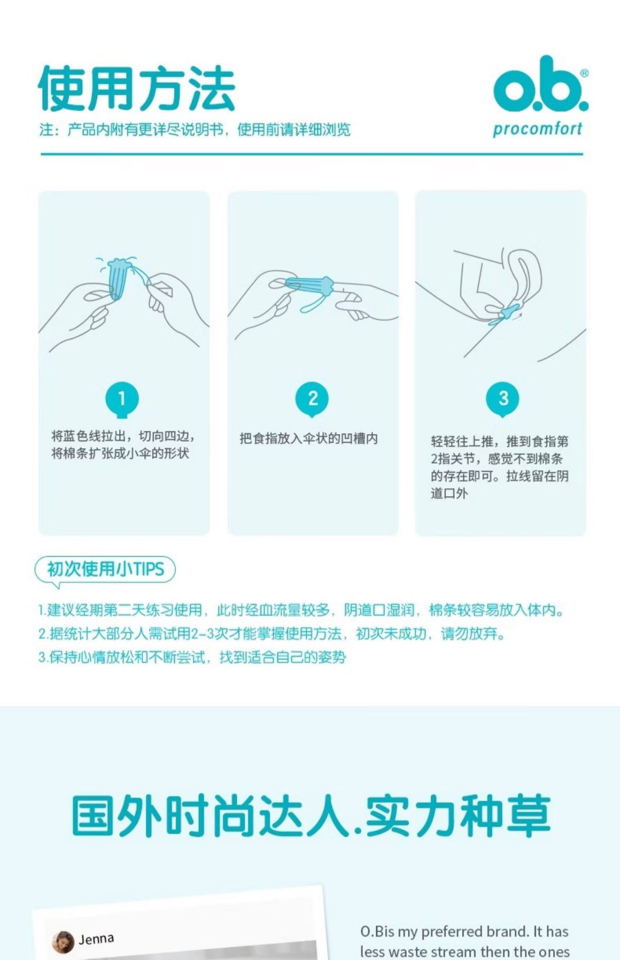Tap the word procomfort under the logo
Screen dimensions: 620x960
click(x=537, y=129)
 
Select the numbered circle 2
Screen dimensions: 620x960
click(x=312, y=399)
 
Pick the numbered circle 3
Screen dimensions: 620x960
click(x=503, y=399)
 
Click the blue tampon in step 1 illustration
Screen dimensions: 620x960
click(x=117, y=278)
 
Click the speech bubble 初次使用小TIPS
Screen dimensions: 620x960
click(x=105, y=570)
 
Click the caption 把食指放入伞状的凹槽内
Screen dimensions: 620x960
click(x=309, y=438)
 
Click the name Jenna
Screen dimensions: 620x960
click(x=96, y=939)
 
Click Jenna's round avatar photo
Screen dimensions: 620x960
click(x=63, y=942)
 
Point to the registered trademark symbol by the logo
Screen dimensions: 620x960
click(x=584, y=73)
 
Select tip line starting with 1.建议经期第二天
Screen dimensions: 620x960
click(x=301, y=610)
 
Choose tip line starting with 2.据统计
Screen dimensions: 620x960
click(x=272, y=633)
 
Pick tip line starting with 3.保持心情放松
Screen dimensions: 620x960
click(x=192, y=657)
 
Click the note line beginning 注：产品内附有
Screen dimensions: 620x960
click(x=195, y=130)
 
